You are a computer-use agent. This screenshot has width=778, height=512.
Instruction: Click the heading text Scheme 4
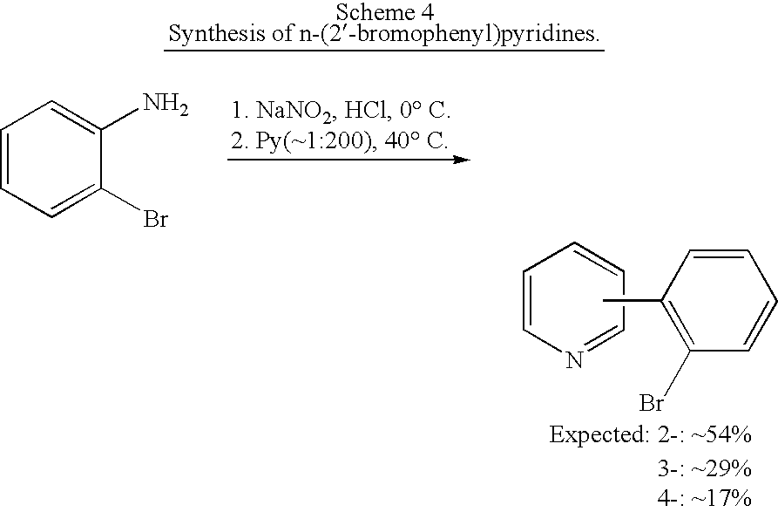click(384, 12)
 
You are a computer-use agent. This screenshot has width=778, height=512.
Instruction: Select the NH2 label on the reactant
click(166, 105)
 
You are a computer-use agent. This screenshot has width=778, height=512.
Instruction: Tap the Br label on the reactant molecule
click(155, 219)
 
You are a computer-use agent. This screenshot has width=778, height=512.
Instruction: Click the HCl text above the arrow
click(365, 110)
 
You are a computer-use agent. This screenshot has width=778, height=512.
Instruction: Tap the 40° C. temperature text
click(416, 140)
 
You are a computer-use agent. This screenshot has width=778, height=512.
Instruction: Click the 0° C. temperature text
click(425, 110)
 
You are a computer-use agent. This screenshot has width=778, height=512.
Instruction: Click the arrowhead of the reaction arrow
click(463, 160)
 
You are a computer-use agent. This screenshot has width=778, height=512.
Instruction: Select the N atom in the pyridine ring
click(574, 359)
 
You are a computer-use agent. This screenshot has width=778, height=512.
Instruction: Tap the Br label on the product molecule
click(651, 403)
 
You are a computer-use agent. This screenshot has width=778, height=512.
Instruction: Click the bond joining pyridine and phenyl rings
click(633, 300)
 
